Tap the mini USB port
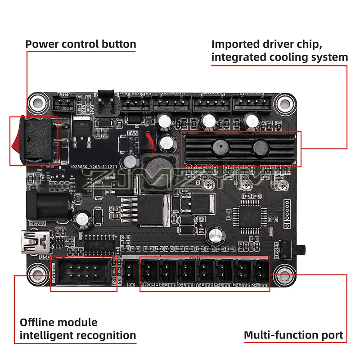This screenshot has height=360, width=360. tap(36, 243)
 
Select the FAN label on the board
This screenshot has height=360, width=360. tap(132, 133)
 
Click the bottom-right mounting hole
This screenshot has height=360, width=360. tap(283, 272)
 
